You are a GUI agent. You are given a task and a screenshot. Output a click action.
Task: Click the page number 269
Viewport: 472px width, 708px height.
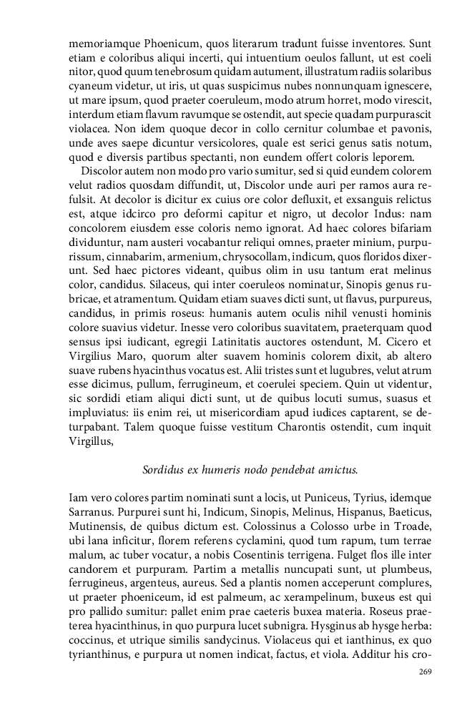424,672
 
